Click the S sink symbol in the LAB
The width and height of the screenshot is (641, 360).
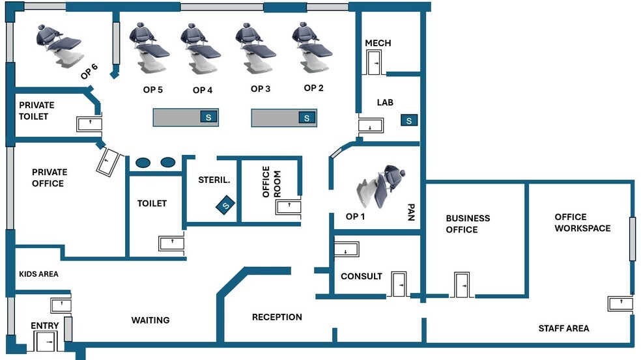coord(409,120)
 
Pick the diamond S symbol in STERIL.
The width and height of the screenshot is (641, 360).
coord(225,206)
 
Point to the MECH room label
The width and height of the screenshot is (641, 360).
coord(378,43)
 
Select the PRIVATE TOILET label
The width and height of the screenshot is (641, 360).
coord(36,111)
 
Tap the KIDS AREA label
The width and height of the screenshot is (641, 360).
coord(38,274)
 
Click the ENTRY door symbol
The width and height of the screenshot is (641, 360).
coord(46,342)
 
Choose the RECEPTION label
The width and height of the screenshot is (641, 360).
coord(277,317)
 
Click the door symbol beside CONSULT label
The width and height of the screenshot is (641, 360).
coord(399,284)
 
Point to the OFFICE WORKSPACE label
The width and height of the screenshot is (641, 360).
coord(582,223)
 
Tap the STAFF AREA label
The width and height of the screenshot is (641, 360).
coord(563,328)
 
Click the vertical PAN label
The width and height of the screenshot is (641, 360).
coord(411,213)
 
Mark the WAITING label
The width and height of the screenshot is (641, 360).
coord(150,320)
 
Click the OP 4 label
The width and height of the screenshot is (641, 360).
coord(203,90)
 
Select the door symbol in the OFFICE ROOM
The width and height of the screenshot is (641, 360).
coord(288,207)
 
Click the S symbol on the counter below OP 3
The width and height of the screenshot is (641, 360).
coord(307,118)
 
